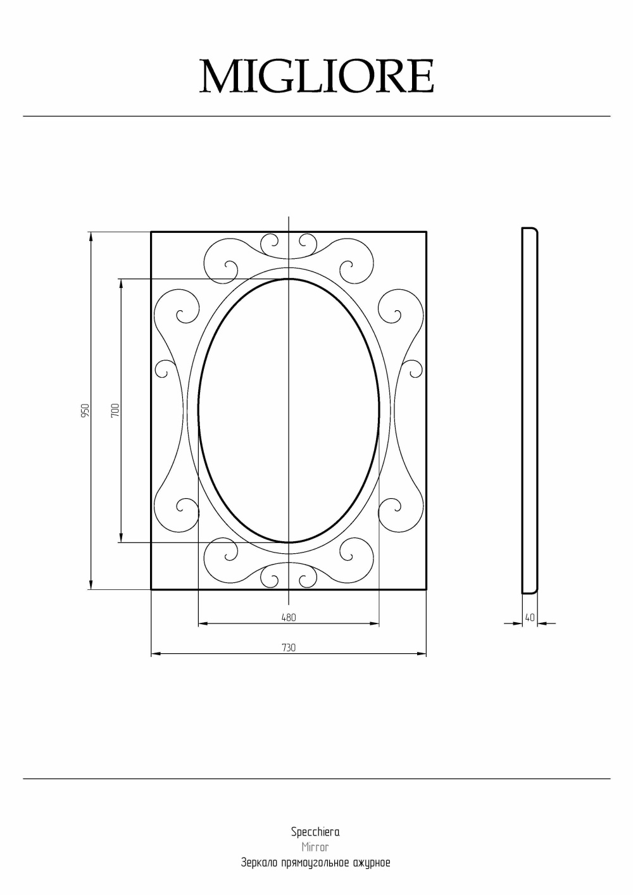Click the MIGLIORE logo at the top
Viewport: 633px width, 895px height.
point(316,77)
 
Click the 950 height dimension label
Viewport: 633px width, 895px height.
point(85,411)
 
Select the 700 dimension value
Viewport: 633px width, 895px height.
point(115,411)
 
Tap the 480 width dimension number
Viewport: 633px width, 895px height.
point(289,617)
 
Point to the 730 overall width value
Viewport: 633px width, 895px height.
point(289,648)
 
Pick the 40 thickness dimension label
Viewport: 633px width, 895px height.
point(529,617)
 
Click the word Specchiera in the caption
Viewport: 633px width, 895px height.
point(315,832)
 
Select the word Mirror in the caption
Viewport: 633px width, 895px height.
point(315,847)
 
